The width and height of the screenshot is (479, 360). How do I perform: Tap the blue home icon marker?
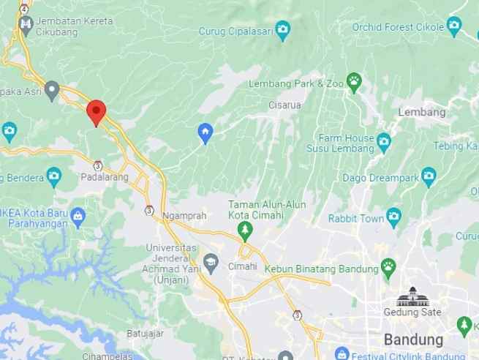tap(205, 132)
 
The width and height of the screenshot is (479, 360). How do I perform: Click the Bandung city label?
tap(413, 340)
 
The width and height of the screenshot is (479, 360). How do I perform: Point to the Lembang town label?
tap(422, 113)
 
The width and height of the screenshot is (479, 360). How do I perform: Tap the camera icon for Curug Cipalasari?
tap(282, 30)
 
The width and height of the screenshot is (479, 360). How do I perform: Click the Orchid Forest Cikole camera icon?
tap(454, 27)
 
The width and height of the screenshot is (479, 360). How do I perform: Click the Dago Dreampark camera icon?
tap(429, 175)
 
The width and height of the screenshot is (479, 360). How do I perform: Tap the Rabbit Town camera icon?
tap(393, 217)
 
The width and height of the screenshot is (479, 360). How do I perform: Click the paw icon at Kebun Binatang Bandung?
tap(388, 268)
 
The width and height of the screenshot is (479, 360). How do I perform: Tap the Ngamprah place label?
tap(185, 217)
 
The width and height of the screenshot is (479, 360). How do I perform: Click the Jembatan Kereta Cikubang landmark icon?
tap(26, 25)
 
